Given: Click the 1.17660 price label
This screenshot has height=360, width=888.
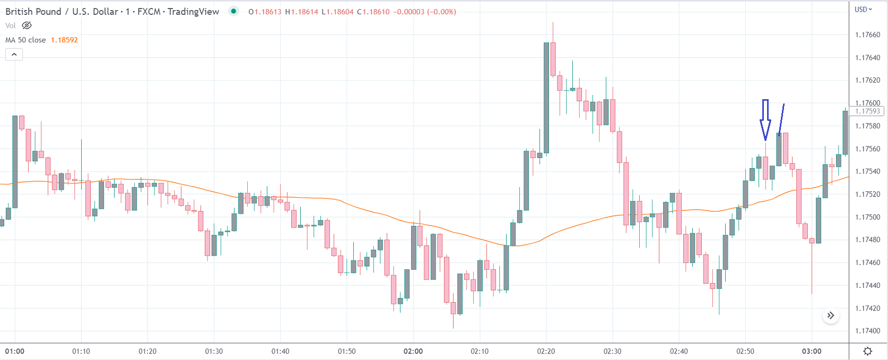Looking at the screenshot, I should [x=867, y=35].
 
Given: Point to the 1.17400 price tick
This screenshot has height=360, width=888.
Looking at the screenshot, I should [x=867, y=331].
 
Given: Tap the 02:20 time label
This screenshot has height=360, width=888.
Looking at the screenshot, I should [x=546, y=352].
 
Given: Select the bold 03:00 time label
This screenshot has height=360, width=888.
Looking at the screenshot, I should [x=812, y=352].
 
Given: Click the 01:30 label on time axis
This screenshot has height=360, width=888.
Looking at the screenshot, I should [x=214, y=352].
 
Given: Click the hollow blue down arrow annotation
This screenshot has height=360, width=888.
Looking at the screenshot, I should [x=765, y=120].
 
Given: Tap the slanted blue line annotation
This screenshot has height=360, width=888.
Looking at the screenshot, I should [x=781, y=119].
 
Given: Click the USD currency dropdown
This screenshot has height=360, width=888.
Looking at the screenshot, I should [x=863, y=10].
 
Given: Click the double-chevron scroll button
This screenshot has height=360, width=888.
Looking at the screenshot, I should [x=831, y=315].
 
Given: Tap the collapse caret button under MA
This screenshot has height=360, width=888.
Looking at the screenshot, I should [x=14, y=54].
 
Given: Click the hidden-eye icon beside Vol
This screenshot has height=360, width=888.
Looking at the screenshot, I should [x=27, y=25].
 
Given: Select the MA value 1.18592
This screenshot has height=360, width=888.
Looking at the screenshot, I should [x=64, y=40].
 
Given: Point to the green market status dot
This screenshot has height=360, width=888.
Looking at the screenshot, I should [x=233, y=11].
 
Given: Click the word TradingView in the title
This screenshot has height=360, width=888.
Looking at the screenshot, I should [x=193, y=12].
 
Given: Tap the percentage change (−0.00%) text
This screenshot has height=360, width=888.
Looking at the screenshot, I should [x=441, y=12].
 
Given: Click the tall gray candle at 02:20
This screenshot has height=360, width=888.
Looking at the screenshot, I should [x=546, y=98].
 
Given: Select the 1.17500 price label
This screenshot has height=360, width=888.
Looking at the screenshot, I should [x=867, y=217].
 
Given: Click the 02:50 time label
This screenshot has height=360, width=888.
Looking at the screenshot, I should [x=745, y=352].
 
